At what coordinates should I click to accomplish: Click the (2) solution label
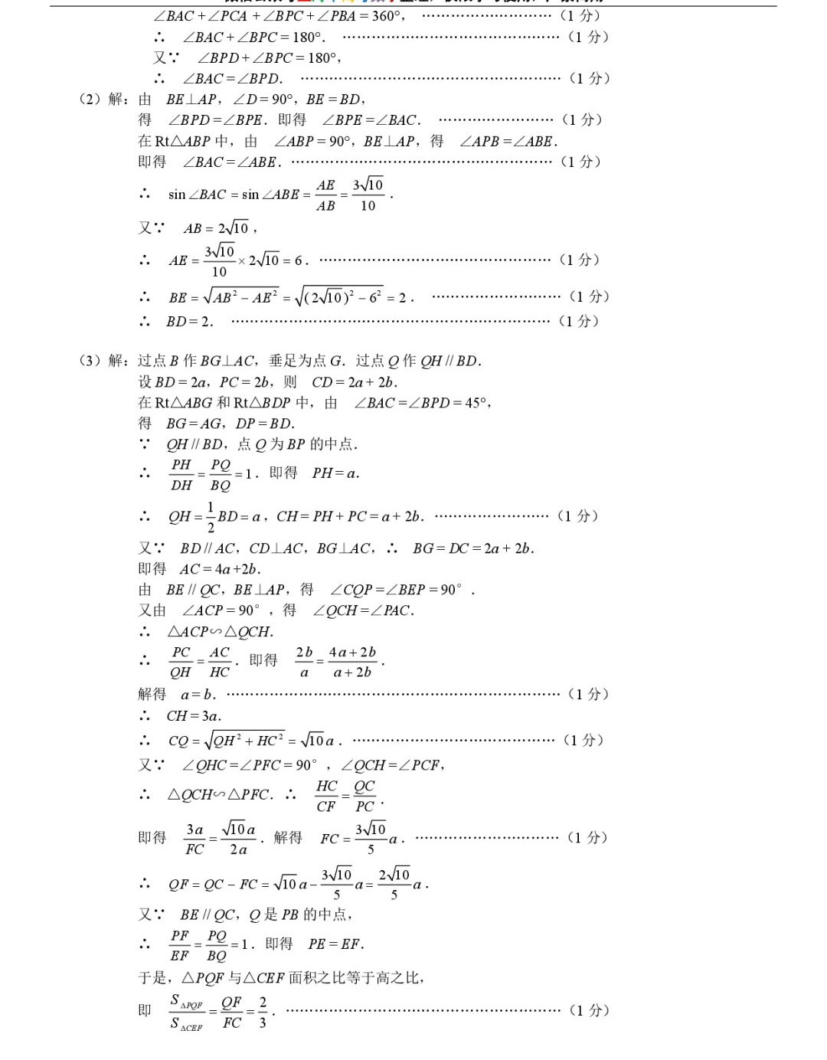pos(103,99)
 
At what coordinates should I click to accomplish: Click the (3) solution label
pos(103,361)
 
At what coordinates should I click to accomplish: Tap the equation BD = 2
pos(189,322)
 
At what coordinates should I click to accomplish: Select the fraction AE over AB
pos(325,195)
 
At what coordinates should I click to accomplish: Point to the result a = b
pos(198,695)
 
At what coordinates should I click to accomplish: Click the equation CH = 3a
pos(194,716)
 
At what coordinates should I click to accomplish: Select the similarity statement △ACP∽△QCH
pos(220,632)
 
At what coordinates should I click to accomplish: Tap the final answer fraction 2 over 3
pos(263,1012)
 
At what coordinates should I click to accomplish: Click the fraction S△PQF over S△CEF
pos(186,1012)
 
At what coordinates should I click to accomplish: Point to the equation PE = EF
pos(335,944)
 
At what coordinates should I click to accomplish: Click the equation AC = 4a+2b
pos(220,569)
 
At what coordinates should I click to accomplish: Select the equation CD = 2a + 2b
pos(354,382)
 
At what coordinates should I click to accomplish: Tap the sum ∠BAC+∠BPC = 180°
pos(253,37)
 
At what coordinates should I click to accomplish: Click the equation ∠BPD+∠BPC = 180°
pos(269,57)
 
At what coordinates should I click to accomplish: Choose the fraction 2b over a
pos(304,662)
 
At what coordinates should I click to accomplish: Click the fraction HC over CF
pos(326,796)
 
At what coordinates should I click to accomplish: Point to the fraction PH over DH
pos(181,475)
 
